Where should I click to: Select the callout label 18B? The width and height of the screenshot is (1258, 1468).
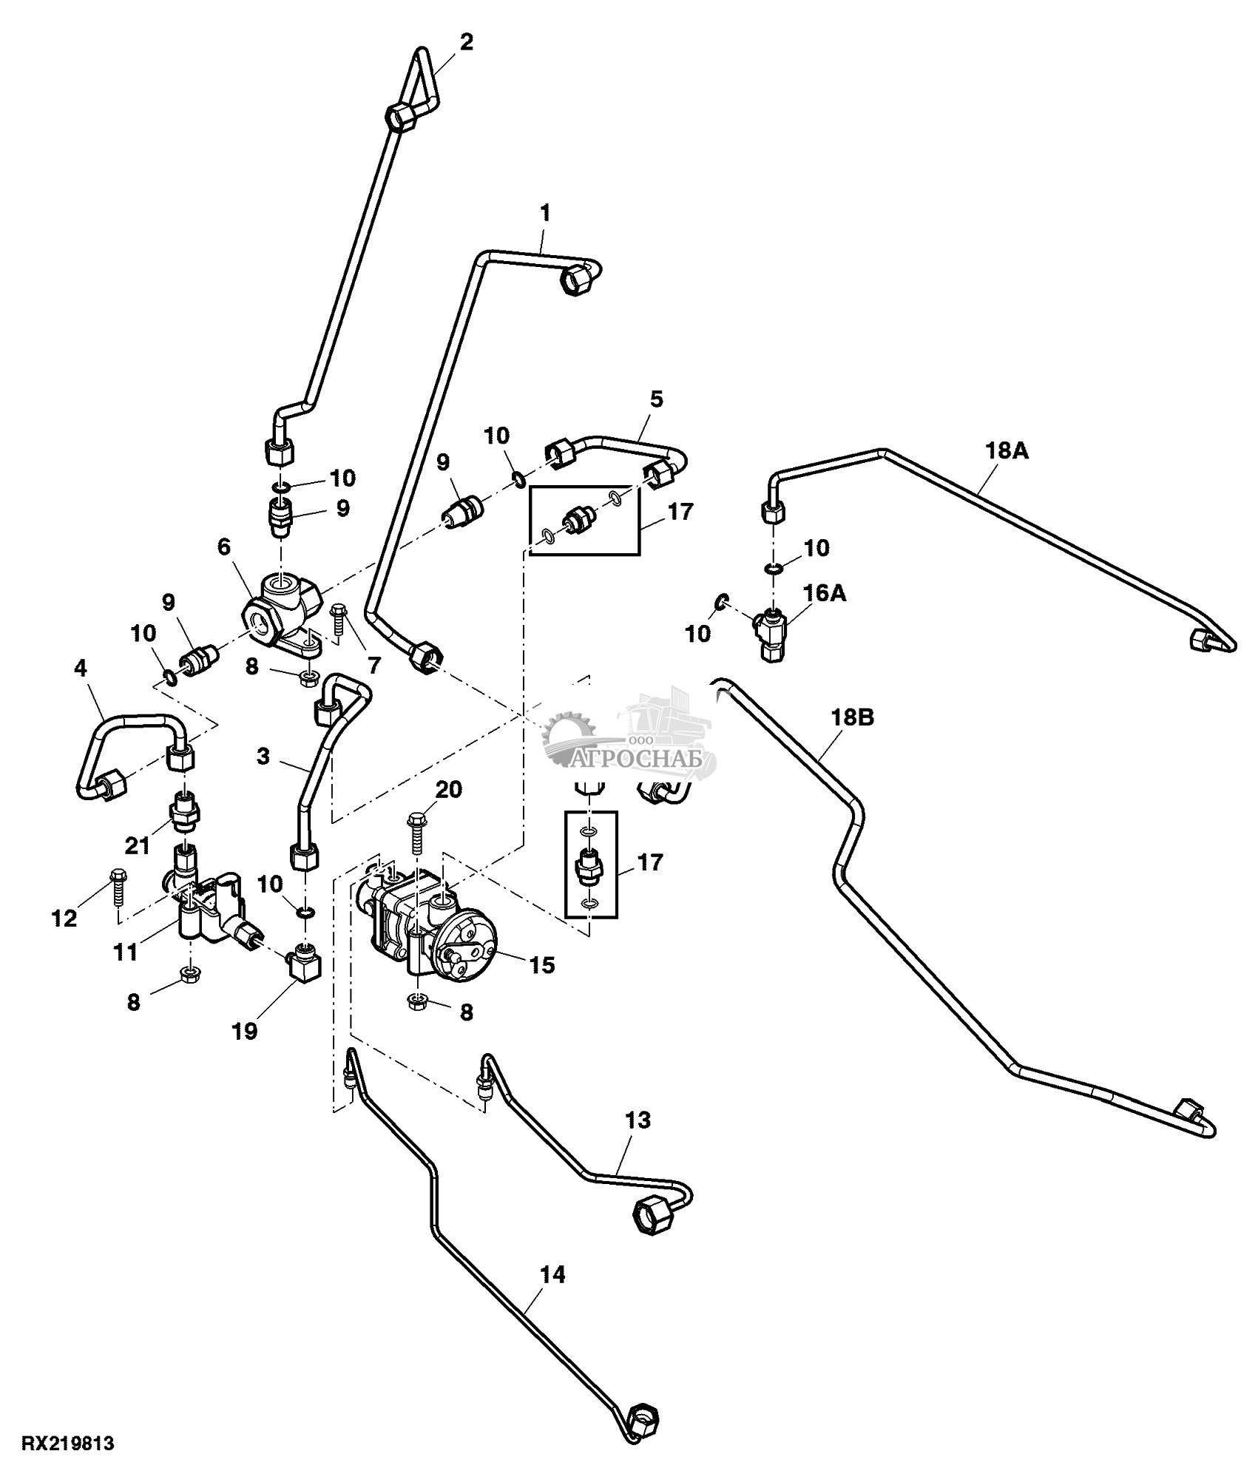[x=853, y=717]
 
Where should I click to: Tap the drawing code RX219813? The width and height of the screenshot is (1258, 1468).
[x=67, y=1443]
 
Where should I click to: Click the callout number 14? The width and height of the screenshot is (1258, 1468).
[x=552, y=1274]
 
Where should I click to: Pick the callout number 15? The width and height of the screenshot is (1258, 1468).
[x=542, y=965]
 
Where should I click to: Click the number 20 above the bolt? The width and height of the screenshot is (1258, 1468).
[x=447, y=790]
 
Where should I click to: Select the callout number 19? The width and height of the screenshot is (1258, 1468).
[x=244, y=1032]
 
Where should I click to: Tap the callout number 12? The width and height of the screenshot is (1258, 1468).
[x=64, y=919]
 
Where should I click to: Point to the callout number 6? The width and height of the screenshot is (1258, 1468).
[x=224, y=547]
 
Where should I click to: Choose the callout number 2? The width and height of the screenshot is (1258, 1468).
[x=466, y=42]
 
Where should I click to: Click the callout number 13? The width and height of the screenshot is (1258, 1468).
[x=638, y=1120]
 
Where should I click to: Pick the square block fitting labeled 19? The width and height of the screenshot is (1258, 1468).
[x=303, y=968]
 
